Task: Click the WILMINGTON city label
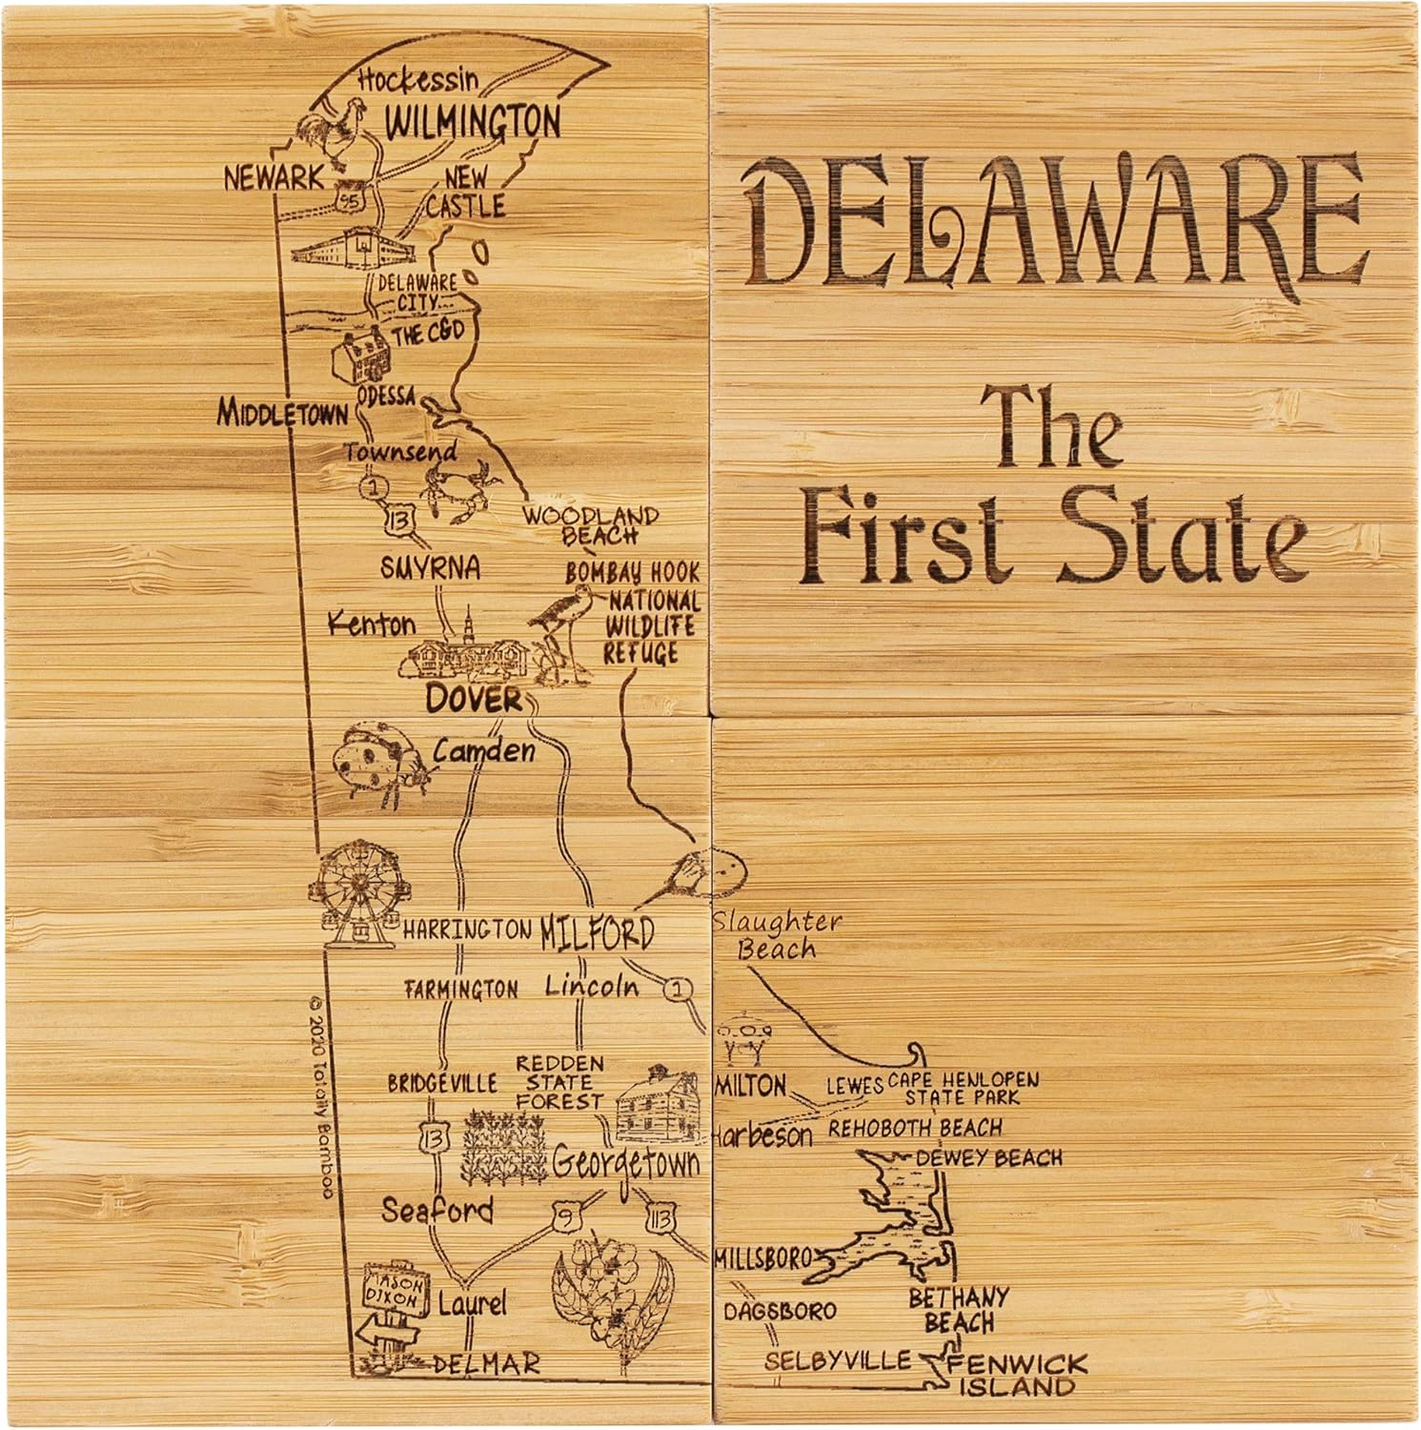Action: click(473, 121)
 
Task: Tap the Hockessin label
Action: click(418, 80)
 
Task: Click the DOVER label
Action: click(474, 699)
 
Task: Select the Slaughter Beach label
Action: click(777, 935)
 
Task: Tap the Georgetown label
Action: click(625, 1164)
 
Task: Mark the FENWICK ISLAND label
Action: click(1016, 1374)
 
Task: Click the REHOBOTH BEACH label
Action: click(915, 1129)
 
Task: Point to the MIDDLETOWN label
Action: click(282, 413)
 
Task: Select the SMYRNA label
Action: click(430, 568)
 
